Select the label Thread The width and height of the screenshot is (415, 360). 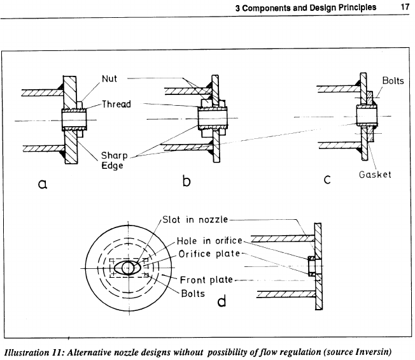[116, 104]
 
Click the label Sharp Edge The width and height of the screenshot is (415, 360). [115, 161]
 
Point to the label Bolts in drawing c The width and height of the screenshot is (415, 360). [393, 81]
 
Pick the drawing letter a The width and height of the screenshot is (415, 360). [43, 185]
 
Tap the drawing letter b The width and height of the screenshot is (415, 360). [186, 181]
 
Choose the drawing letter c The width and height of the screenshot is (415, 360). [327, 180]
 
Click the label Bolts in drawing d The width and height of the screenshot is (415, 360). [192, 293]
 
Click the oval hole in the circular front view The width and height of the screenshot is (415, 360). [129, 268]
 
